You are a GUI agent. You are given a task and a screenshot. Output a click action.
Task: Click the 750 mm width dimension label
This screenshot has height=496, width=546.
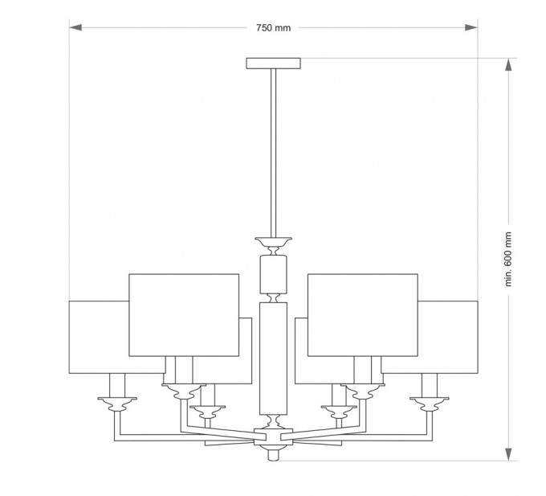(x=273, y=28)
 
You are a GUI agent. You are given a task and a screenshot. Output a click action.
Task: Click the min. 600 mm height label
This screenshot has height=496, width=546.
(x=508, y=259)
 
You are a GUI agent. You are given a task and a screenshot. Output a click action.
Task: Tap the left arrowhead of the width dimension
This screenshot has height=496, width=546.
(x=75, y=27)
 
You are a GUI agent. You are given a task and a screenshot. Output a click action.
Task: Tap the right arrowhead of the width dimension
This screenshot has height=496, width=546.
(x=471, y=27)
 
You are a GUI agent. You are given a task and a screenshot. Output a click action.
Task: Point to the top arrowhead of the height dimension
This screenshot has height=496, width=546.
(x=509, y=64)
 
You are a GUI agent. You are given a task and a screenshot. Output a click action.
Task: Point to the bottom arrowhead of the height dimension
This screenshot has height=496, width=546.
(x=509, y=454)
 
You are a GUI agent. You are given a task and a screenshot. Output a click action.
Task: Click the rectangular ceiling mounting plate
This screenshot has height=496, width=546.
(x=273, y=64)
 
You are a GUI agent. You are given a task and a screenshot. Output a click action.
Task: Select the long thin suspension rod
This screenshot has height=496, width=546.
(x=273, y=153)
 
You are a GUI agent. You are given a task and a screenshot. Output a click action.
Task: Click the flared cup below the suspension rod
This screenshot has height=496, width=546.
(x=273, y=241)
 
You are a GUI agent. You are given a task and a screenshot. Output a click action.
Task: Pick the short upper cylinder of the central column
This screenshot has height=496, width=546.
(x=274, y=274)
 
